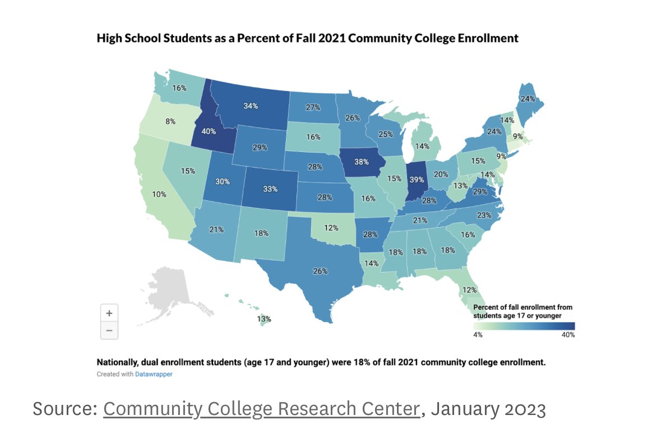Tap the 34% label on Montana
[251, 105]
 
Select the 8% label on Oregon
[170, 121]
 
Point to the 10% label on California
[159, 194]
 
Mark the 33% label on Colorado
[270, 189]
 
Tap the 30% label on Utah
[223, 181]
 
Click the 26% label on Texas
[320, 271]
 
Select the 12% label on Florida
[469, 290]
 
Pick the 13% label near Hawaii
[264, 319]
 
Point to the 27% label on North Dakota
[313, 107]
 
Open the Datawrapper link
[154, 374]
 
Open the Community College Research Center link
[261, 409]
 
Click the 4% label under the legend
[478, 335]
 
